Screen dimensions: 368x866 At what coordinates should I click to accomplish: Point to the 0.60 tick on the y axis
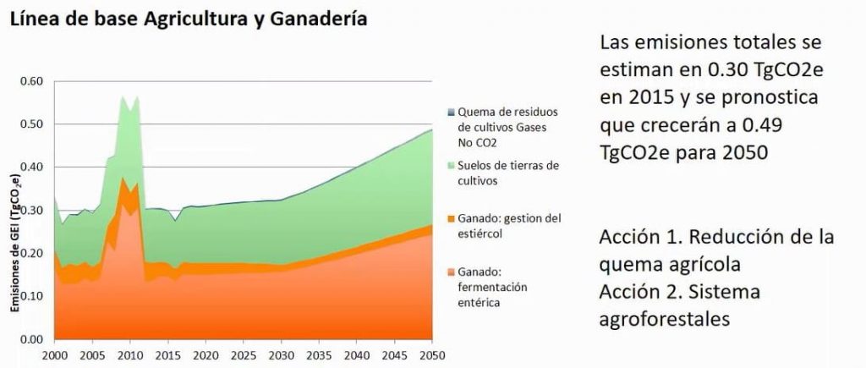(30, 81)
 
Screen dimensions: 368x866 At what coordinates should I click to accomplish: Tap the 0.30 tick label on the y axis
(30, 211)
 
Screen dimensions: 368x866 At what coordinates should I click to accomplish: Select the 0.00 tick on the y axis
(30, 339)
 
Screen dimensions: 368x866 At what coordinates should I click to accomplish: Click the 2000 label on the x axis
(54, 354)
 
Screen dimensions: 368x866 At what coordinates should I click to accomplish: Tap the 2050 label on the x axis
(432, 354)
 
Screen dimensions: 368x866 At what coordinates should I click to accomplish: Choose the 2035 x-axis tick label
(319, 354)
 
